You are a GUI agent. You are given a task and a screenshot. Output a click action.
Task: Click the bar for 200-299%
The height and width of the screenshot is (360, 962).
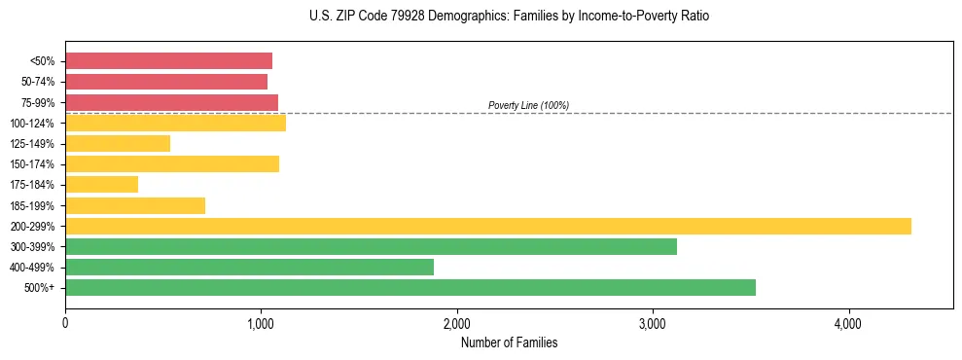click(487, 226)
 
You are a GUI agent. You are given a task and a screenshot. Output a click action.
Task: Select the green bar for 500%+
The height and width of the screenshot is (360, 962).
click(410, 287)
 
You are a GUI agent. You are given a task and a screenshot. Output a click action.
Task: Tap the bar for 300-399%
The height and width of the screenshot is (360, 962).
click(371, 247)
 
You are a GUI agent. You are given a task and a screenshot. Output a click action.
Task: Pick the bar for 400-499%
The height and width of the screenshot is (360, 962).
click(249, 268)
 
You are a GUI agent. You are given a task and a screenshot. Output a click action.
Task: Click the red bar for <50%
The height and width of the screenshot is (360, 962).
click(168, 61)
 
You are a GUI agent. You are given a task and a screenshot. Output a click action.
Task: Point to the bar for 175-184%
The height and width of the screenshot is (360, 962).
click(101, 184)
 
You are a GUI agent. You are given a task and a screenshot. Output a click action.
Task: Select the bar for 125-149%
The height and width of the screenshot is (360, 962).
click(118, 144)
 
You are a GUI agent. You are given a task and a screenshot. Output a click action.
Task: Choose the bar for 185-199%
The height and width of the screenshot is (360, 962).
click(135, 205)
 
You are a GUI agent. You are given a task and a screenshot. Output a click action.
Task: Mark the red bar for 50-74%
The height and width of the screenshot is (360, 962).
click(166, 82)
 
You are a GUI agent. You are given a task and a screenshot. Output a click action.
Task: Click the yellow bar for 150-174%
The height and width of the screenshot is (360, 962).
click(172, 164)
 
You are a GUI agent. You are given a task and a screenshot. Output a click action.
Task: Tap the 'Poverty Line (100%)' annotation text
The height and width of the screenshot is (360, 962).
click(528, 105)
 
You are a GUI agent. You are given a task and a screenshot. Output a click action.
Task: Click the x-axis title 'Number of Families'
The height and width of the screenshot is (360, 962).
click(509, 342)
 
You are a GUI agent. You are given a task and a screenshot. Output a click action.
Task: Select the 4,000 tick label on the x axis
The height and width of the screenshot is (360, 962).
click(848, 322)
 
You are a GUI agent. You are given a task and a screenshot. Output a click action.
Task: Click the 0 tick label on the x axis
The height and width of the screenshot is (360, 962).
click(65, 322)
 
